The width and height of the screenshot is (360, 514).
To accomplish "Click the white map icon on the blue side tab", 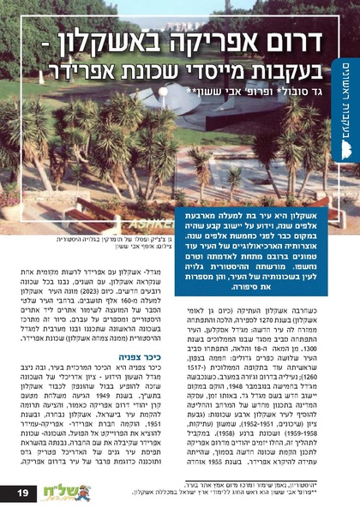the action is [345, 149].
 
